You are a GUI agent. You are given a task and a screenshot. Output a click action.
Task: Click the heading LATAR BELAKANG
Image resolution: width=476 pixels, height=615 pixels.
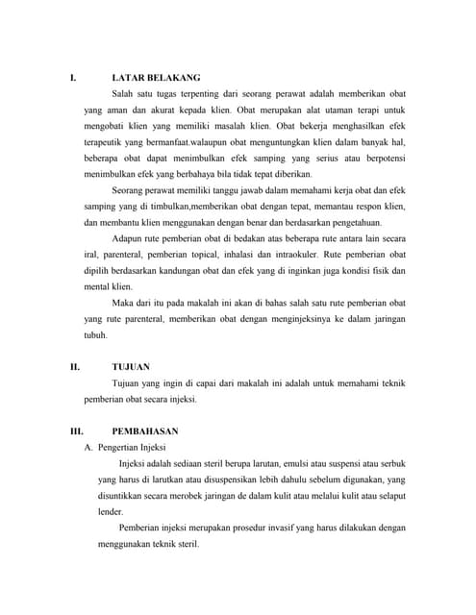[156, 77]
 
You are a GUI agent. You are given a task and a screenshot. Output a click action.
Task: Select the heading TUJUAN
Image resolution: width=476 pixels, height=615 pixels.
[131, 367]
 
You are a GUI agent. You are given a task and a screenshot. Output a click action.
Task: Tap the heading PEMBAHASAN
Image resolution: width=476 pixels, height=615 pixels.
[144, 431]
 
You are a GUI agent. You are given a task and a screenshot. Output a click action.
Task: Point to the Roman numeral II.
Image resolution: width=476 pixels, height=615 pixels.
[74, 367]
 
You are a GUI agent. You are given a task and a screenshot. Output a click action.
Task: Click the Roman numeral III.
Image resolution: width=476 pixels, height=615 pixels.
[76, 431]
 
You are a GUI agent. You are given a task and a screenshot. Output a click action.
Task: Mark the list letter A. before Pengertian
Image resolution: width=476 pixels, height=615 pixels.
[89, 448]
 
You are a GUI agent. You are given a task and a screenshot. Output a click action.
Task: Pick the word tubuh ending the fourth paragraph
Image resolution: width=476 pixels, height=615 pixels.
[96, 335]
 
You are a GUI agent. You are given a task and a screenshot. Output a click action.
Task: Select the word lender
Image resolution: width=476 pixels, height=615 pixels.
[111, 512]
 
